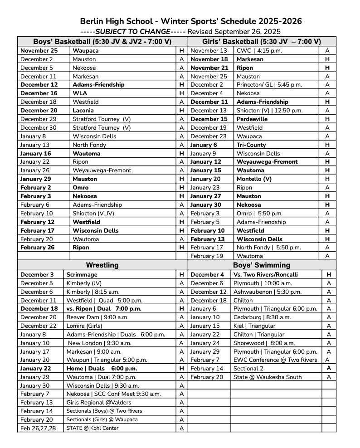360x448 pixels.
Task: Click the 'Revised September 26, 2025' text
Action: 234,32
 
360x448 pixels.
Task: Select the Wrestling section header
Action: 102,265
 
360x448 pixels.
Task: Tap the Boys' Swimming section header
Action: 262,265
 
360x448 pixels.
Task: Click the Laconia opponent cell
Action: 83,110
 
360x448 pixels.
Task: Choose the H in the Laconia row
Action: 182,110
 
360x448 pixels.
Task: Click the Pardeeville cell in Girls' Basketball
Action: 252,119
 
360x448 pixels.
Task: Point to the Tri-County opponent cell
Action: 251,145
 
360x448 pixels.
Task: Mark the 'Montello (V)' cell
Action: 254,179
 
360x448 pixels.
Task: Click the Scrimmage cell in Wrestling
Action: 82,274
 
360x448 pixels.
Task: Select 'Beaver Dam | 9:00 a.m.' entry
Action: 97,317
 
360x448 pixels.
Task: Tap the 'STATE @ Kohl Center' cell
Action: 92,428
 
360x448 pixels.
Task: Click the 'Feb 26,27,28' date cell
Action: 38,428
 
